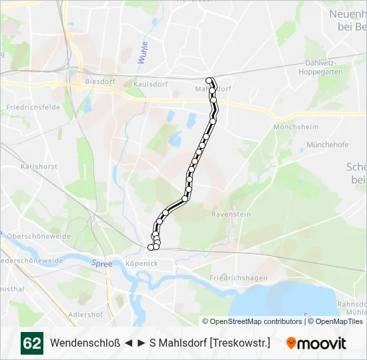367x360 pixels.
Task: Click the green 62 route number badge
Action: coord(31,343)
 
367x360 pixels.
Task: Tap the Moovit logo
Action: coord(316,343)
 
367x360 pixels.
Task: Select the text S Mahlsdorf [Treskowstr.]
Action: coord(210,343)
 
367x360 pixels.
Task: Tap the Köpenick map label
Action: coord(141,263)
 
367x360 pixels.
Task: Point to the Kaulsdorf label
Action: coord(149,85)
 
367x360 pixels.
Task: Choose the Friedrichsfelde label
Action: coord(30,107)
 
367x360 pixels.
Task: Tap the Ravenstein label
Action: coord(231,215)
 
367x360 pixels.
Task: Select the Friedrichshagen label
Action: coord(238,278)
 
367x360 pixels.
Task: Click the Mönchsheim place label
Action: coord(293,127)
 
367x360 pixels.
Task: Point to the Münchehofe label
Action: coord(327,144)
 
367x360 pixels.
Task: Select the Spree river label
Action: coord(101,263)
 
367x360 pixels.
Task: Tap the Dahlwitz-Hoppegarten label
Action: coord(324,67)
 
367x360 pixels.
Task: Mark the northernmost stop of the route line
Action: coord(210,81)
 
